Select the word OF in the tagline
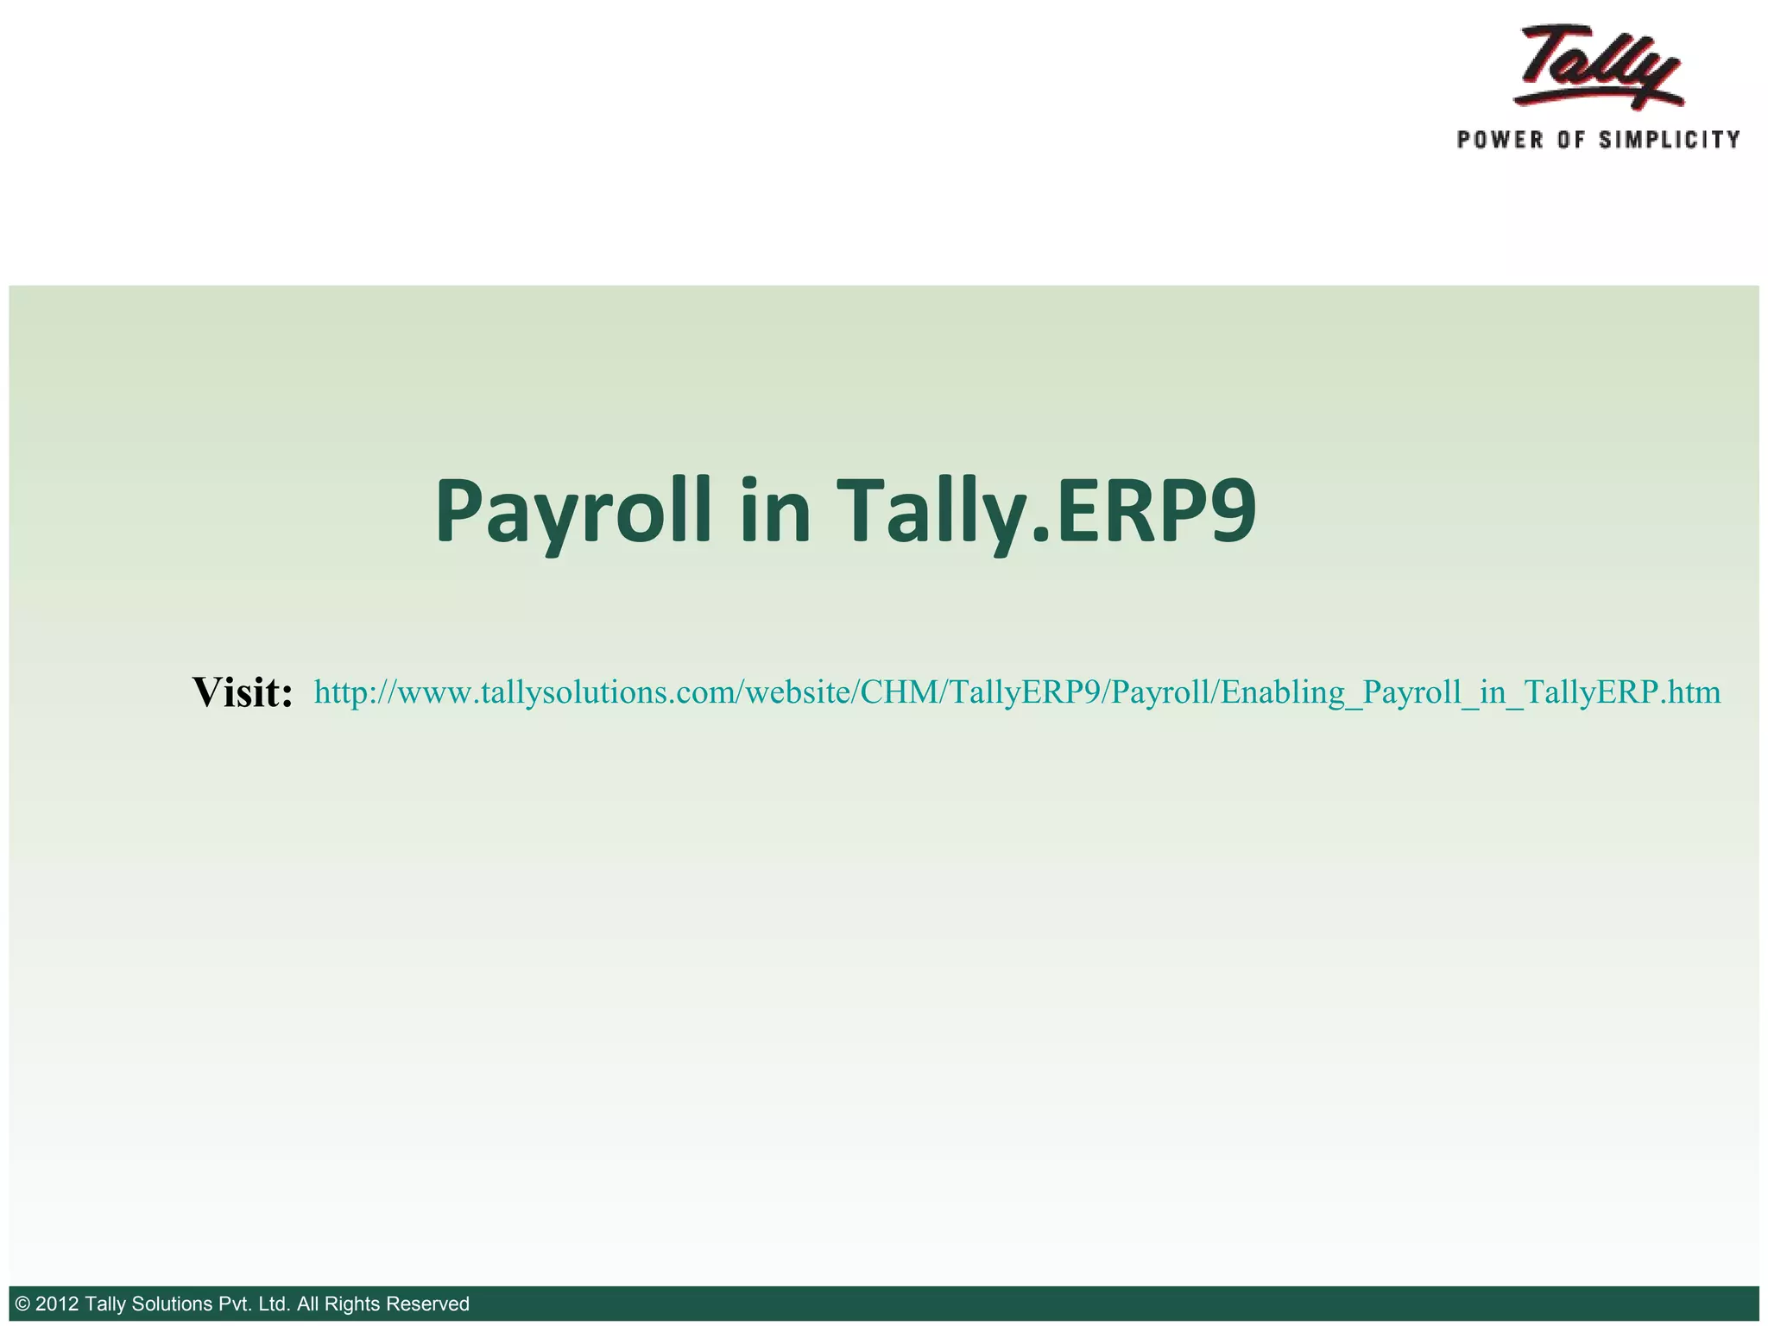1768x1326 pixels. coord(1570,140)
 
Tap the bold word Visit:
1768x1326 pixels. coord(243,692)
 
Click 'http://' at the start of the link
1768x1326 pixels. coord(350,692)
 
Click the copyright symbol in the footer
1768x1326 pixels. coord(23,1304)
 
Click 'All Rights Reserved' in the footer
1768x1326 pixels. coord(382,1304)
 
